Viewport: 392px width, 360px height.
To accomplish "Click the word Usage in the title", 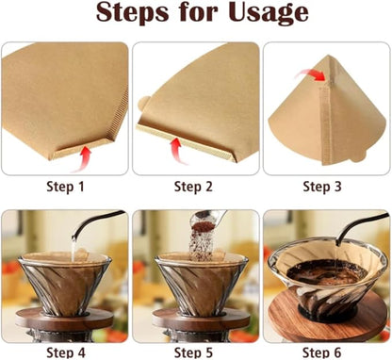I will click(x=268, y=14).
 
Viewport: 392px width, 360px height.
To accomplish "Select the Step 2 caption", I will click(x=195, y=187).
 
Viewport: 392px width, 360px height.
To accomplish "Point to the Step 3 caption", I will click(x=326, y=187).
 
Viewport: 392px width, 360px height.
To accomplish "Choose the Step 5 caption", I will click(x=195, y=352).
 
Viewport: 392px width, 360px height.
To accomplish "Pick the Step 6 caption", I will click(x=326, y=352).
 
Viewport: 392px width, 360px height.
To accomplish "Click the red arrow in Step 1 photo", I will click(x=86, y=153).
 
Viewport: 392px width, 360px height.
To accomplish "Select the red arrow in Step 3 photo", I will click(x=310, y=71).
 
